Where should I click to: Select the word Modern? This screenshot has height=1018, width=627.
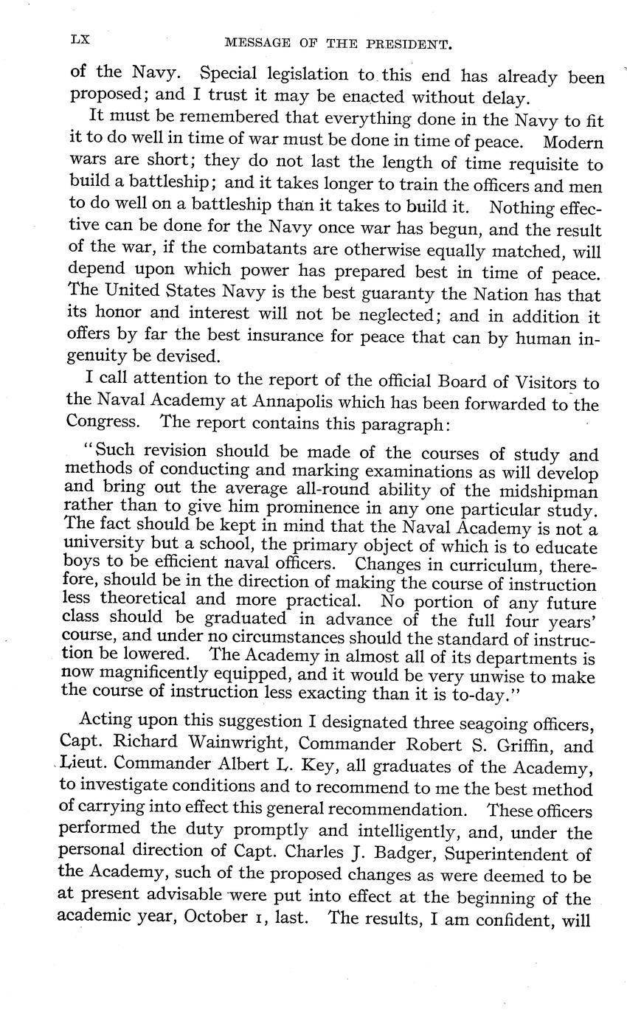point(572,142)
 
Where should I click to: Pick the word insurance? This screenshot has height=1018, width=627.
point(282,339)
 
